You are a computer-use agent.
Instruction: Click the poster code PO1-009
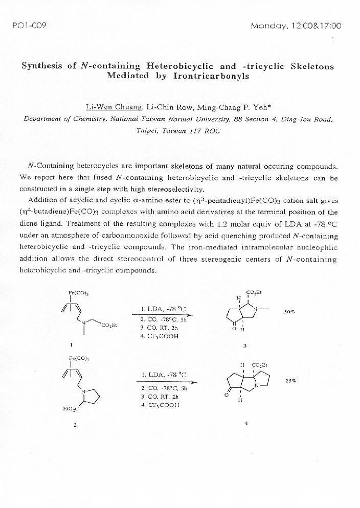coord(29,26)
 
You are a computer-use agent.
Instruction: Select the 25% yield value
coord(290,381)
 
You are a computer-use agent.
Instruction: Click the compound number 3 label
coord(245,346)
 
